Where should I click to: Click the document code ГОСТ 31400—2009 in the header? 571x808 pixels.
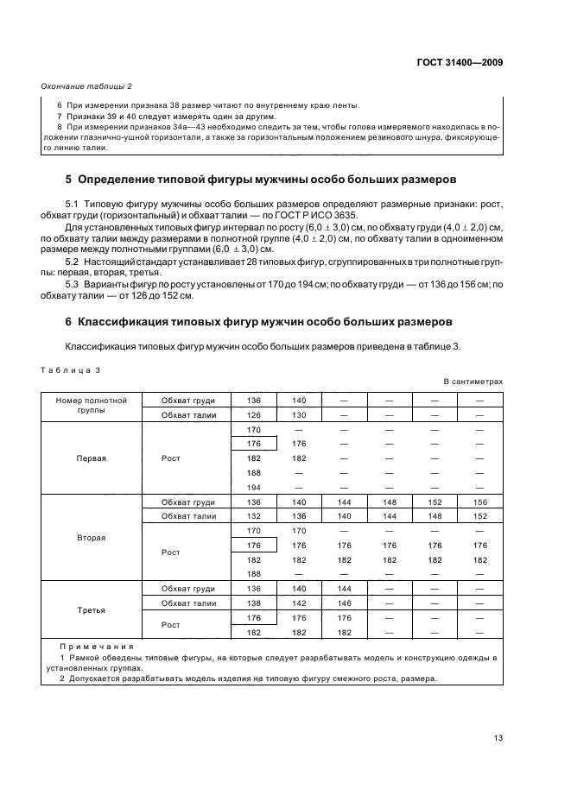tap(460, 63)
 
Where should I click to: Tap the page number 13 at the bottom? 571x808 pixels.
tap(498, 737)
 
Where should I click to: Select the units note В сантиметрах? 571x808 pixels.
tap(473, 381)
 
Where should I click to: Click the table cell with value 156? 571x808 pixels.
tap(480, 502)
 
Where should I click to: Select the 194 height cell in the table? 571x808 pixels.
tap(254, 487)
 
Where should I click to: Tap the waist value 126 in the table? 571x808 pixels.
tap(254, 415)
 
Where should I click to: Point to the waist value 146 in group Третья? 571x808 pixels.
tap(344, 603)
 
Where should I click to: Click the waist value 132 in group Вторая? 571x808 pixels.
tap(254, 516)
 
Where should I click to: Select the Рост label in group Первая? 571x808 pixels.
tap(171, 458)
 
